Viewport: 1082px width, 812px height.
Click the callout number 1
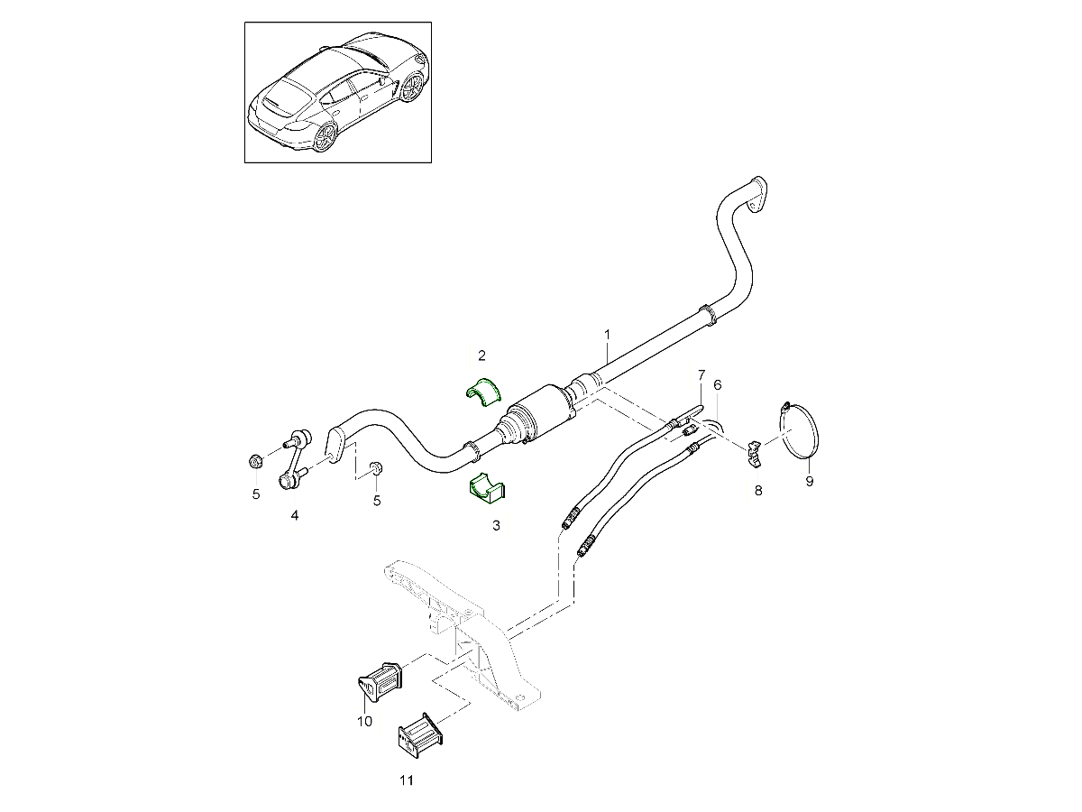(608, 335)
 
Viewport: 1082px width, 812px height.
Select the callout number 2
(482, 355)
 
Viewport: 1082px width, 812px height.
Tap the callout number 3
(495, 524)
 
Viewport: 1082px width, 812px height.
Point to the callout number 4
(294, 515)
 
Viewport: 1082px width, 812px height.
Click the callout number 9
(809, 482)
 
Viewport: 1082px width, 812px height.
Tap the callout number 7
(701, 374)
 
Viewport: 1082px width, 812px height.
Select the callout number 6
(718, 385)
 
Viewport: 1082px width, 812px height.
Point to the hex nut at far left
(255, 461)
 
